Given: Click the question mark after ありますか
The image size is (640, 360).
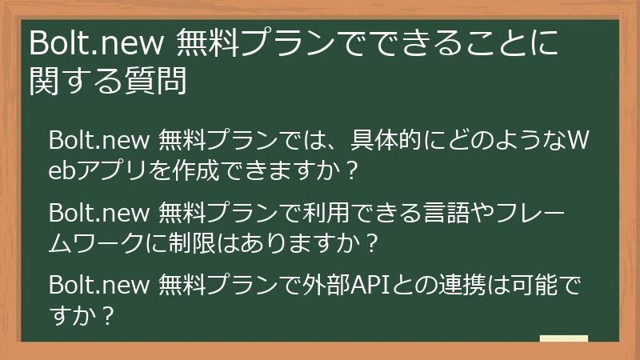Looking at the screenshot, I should [x=369, y=244].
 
